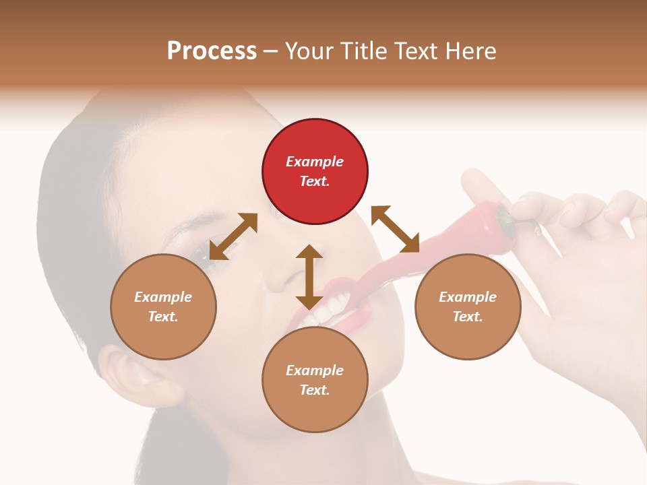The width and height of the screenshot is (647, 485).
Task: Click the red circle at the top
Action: coord(315,171)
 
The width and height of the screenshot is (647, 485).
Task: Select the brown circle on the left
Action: coord(163,306)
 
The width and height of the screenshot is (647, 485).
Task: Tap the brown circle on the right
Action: coord(467,306)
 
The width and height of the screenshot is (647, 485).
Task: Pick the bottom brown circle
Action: coord(315,380)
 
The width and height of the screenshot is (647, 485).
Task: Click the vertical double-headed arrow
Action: coord(309,277)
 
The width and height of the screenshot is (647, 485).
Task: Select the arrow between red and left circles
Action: coord(233,236)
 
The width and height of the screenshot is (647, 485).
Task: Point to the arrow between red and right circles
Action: coord(395,229)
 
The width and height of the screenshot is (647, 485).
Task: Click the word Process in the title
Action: coord(212,51)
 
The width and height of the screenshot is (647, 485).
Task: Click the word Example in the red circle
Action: coord(315,162)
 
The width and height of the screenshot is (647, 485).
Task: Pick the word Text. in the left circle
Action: coord(163,317)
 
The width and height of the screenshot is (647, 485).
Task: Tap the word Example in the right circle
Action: coord(467,297)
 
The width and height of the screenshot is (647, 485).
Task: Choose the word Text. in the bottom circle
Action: coord(315,390)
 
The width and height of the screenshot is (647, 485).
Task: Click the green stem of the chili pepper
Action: coord(505,218)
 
